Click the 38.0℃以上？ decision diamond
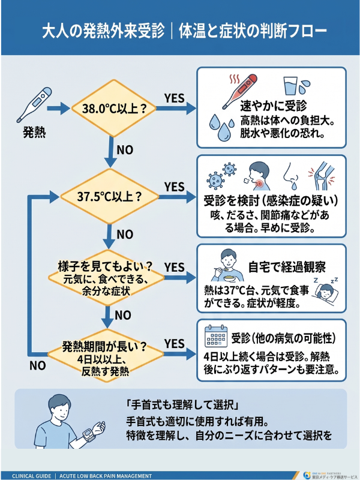[x=110, y=109]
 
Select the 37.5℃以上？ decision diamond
[x=110, y=197]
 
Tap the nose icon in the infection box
[x=292, y=173]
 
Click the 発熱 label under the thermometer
[x=34, y=131]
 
